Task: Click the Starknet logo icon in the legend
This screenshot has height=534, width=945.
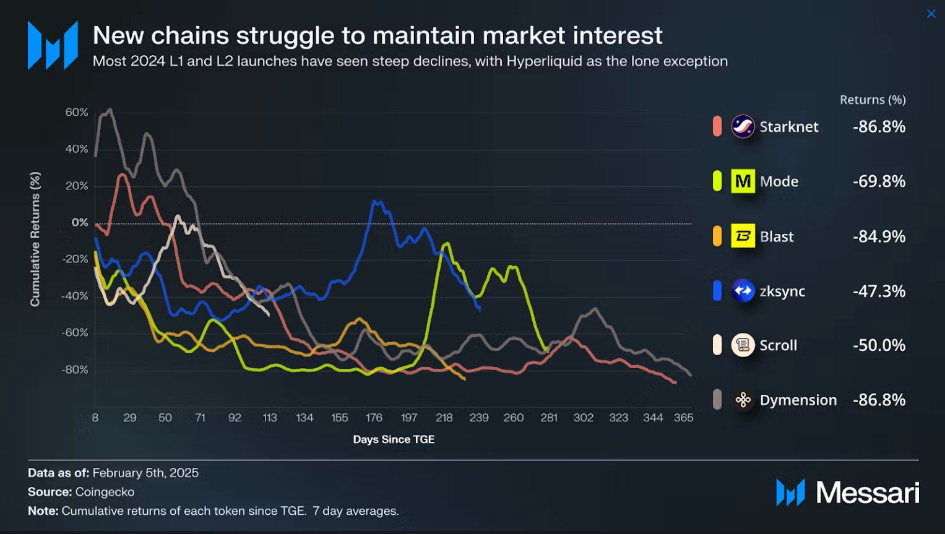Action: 743,126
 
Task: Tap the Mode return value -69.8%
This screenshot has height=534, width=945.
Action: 879,181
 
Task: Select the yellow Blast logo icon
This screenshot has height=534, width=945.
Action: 743,236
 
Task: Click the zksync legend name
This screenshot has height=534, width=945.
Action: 782,291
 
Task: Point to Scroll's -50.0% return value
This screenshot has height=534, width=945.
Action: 879,345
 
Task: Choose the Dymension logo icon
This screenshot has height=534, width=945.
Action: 743,400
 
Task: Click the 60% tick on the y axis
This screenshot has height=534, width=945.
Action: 77,113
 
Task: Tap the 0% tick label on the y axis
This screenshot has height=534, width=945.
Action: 80,223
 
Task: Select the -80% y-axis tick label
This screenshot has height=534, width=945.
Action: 75,370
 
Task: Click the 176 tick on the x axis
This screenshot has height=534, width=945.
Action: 374,418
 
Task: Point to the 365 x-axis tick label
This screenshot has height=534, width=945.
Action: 683,418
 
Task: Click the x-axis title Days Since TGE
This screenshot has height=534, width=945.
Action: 394,439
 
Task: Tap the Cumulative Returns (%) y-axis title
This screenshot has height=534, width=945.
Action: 35,239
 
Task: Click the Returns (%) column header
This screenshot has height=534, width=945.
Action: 873,100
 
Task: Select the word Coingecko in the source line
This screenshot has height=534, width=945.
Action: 105,492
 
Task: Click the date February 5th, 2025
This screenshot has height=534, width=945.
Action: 145,473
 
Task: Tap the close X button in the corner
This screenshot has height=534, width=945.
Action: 931,14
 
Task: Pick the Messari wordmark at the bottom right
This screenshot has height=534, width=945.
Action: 867,493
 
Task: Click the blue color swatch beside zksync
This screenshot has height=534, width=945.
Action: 717,291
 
